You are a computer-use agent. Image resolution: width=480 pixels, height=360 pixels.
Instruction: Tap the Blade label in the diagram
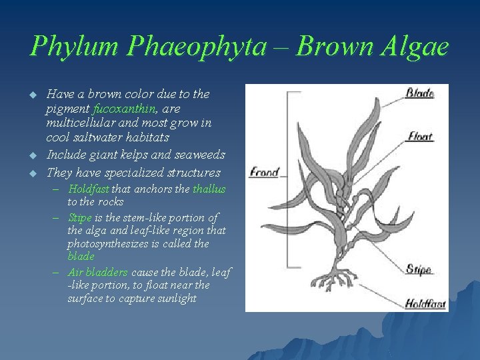pos(420,94)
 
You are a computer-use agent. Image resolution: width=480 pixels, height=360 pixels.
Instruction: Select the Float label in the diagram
pos(420,137)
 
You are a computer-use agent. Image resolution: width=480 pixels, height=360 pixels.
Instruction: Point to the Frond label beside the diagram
pos(264,173)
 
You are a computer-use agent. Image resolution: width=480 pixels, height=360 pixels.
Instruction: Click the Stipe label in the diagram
pos(419,270)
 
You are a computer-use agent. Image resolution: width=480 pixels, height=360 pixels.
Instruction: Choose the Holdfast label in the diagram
pos(425,304)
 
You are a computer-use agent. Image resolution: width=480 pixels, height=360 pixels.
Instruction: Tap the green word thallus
pos(209,189)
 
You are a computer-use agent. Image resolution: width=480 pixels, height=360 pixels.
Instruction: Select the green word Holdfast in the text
pos(89,189)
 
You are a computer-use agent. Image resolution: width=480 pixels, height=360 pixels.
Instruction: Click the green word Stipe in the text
pos(80,217)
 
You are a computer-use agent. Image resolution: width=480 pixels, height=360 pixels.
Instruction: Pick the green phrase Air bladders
pos(98,272)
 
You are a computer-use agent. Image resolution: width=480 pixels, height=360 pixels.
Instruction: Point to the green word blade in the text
pos(81,256)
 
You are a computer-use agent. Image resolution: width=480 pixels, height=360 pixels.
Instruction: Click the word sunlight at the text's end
pos(176,299)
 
